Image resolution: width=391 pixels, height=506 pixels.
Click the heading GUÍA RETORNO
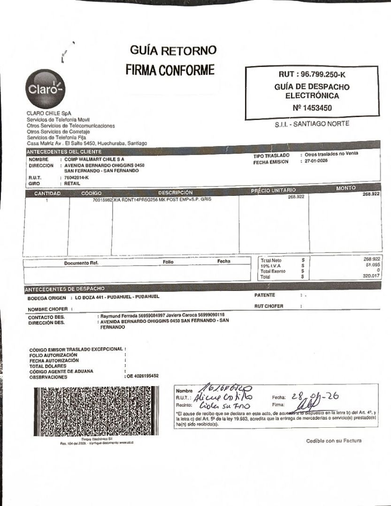pos(173,50)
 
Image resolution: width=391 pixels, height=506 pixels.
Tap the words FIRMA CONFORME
pos(170,70)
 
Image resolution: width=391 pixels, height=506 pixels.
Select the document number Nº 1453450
pos(312,108)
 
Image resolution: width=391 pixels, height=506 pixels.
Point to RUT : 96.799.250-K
pos(312,74)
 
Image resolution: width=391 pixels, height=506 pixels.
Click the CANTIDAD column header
pos(47,193)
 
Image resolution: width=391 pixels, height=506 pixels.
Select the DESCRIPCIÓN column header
pos(175,193)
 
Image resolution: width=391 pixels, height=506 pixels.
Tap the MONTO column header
pos(346,188)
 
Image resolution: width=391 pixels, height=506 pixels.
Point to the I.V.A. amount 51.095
pos(372,265)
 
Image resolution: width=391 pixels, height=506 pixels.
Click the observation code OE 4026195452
pos(142,376)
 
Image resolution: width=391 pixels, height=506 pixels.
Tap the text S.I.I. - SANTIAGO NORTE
pos(312,125)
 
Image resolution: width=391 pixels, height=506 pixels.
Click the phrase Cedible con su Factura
pos(334,440)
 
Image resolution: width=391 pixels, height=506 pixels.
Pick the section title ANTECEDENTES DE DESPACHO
pos(65,289)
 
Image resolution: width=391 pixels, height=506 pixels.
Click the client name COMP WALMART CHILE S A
pos(94,160)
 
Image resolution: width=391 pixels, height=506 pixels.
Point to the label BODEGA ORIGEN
pos(47,298)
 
